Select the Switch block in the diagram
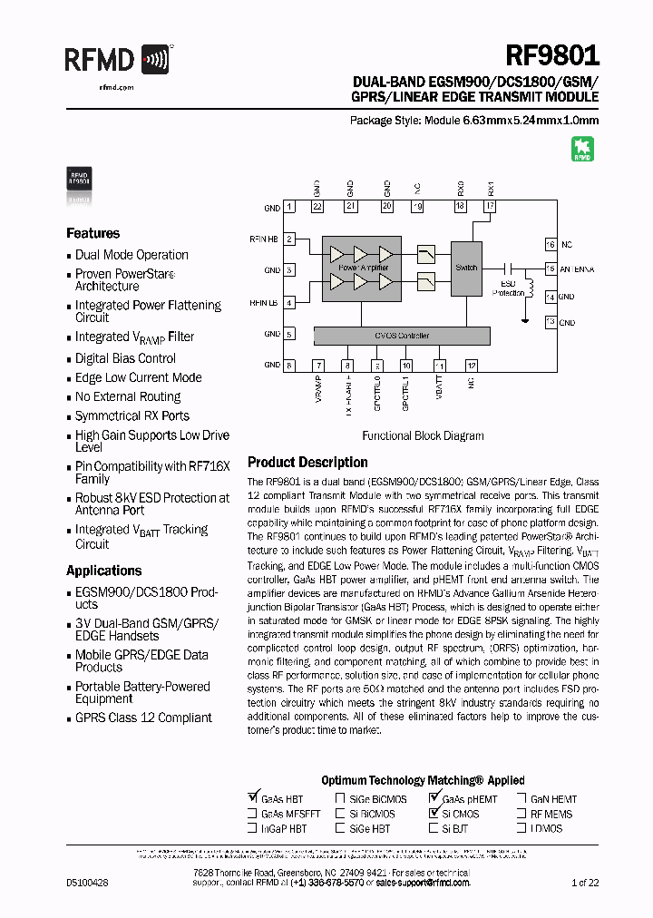click(x=466, y=269)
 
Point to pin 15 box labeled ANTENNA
click(x=550, y=269)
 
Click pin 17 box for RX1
click(x=490, y=207)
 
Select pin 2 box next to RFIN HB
click(x=289, y=239)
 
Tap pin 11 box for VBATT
click(x=439, y=365)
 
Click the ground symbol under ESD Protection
click(x=523, y=319)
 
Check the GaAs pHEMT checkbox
click(x=433, y=799)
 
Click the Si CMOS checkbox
click(x=433, y=814)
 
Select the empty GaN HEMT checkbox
click(x=522, y=799)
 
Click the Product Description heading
click(x=307, y=463)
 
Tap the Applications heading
click(x=103, y=571)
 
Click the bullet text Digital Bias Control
click(x=125, y=358)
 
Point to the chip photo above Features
click(x=79, y=179)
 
